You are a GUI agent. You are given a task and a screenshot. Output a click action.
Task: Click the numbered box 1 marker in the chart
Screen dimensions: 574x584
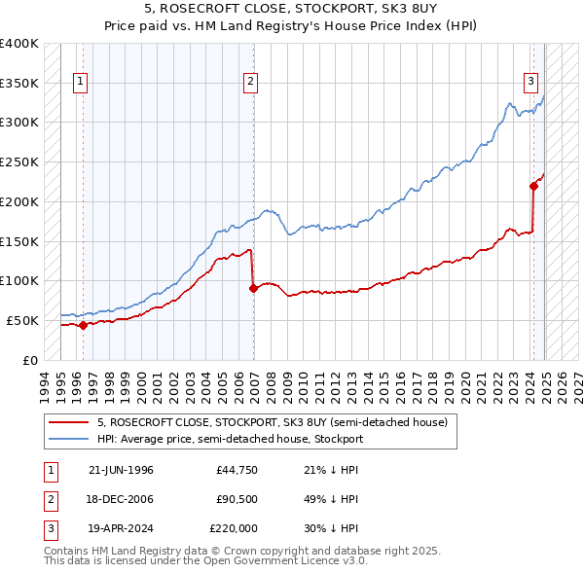(80, 83)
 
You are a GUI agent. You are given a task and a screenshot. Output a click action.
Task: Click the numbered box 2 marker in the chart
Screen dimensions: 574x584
(250, 83)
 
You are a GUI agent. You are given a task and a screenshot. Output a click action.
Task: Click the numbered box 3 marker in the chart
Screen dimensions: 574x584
(531, 83)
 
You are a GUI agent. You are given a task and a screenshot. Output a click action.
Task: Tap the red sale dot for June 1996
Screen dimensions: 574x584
(83, 325)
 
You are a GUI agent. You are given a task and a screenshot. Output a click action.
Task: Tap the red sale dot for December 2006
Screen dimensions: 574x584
(253, 288)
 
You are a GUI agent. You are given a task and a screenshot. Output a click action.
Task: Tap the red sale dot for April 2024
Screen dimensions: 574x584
(533, 186)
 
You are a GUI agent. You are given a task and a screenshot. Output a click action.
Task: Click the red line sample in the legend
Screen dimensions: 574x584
(68, 423)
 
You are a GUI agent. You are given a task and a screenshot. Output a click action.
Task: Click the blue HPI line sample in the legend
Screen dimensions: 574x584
(68, 439)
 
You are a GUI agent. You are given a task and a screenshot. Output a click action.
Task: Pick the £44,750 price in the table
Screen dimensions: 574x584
(236, 470)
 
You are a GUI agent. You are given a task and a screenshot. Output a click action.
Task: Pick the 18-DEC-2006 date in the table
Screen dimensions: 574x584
(121, 499)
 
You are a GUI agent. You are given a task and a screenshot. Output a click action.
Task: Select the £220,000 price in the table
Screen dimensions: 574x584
(234, 528)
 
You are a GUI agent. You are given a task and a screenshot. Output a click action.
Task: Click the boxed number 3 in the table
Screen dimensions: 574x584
(48, 528)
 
